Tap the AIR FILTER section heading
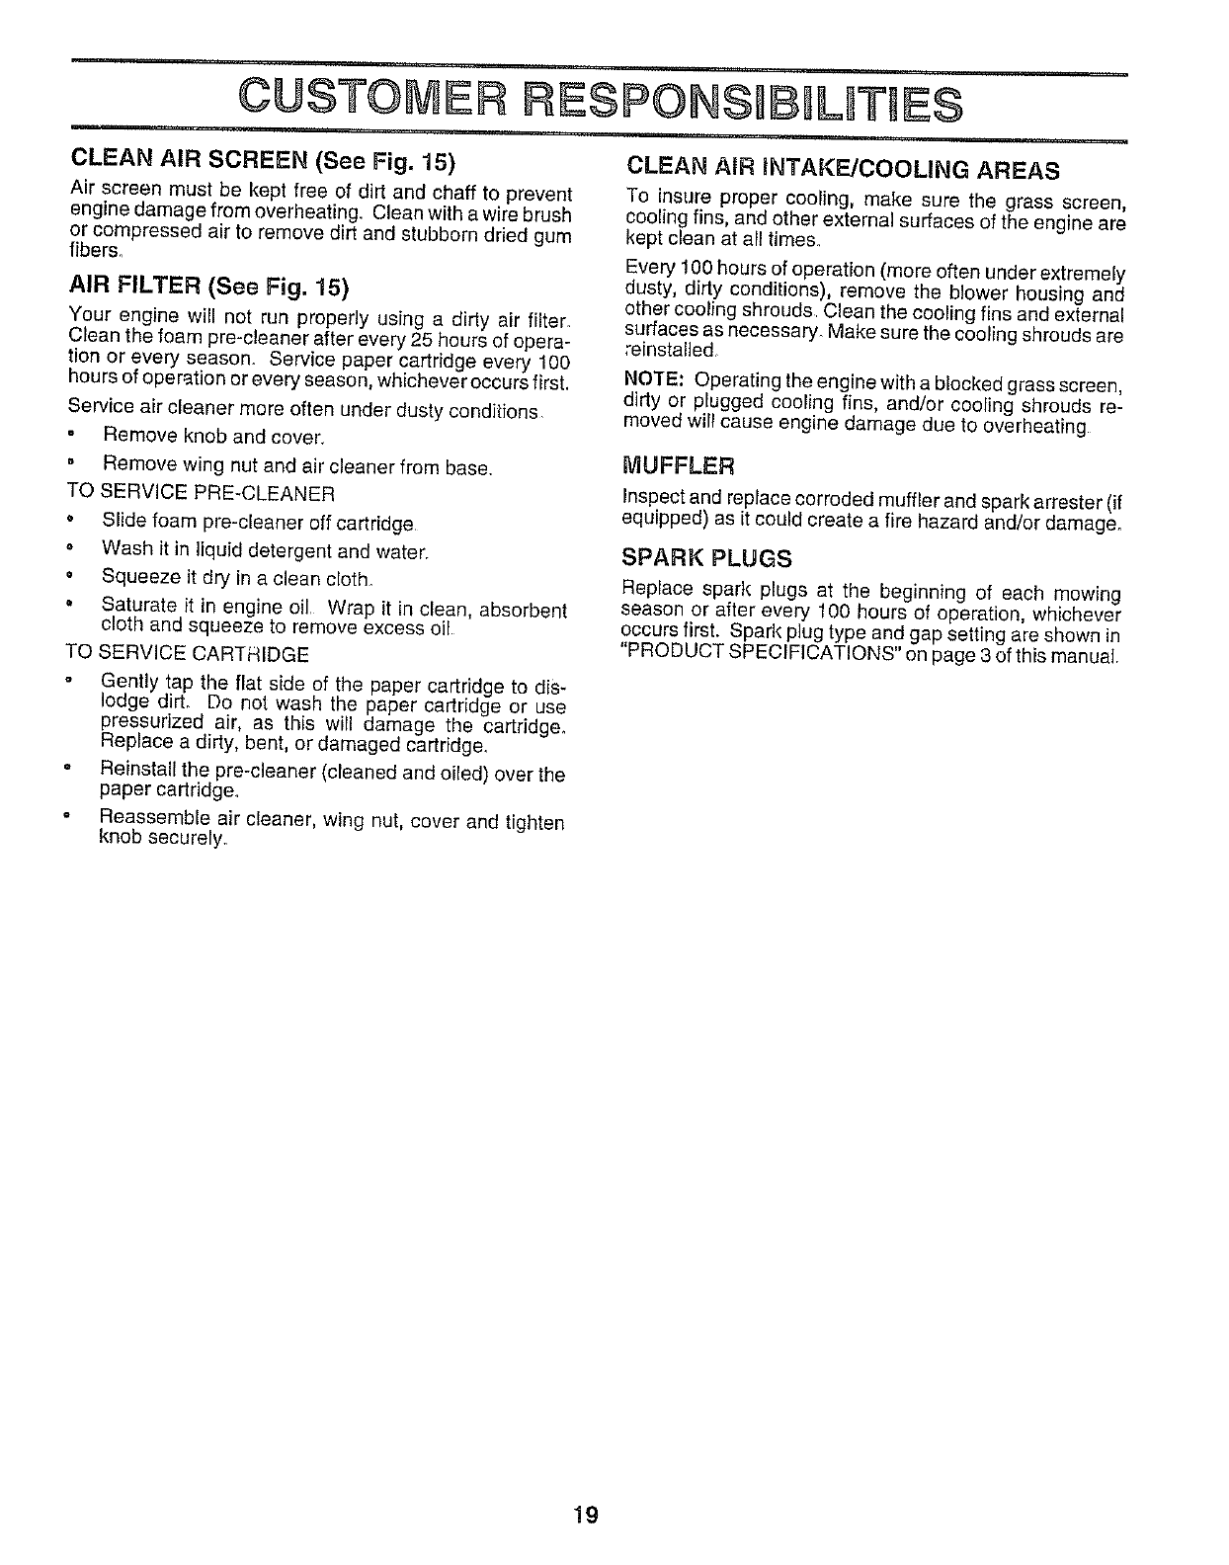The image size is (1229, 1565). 137,288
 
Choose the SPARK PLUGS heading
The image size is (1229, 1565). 706,558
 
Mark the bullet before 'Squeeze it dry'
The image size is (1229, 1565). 71,576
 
